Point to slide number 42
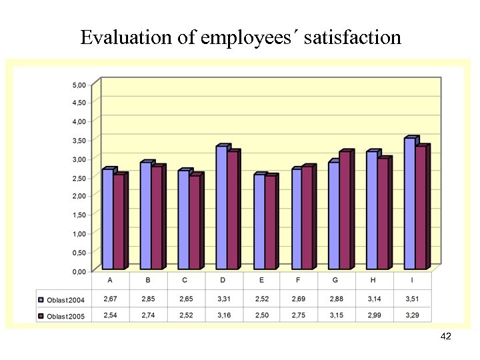(x=446, y=337)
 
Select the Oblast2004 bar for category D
(x=221, y=208)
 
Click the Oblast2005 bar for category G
(x=344, y=211)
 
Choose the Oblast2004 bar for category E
(x=259, y=222)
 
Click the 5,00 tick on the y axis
(x=79, y=85)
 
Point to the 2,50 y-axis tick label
(x=79, y=178)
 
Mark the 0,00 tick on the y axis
(x=79, y=271)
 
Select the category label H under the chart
(x=374, y=280)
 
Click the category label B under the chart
(x=147, y=280)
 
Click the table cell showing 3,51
(x=412, y=299)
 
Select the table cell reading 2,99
(x=374, y=315)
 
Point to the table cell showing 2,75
(x=299, y=315)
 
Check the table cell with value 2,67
(x=109, y=299)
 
